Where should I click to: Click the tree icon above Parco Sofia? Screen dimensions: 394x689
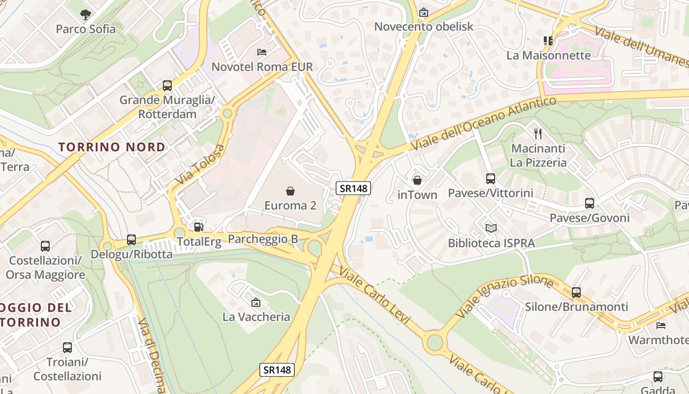point(86,14)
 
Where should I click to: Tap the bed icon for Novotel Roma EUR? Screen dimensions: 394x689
point(262,52)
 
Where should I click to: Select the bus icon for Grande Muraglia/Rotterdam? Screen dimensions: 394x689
point(167,86)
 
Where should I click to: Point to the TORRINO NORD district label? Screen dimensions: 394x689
point(112,147)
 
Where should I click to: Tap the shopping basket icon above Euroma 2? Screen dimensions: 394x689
point(290,191)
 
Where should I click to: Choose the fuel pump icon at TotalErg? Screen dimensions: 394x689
point(198,227)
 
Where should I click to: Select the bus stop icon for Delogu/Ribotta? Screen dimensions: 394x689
point(131,240)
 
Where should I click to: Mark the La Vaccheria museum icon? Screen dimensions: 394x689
point(256,302)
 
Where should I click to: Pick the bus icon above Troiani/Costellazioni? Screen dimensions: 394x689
point(67,348)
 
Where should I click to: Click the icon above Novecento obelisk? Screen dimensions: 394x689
point(423,12)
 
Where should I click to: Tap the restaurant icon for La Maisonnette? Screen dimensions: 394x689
point(548,40)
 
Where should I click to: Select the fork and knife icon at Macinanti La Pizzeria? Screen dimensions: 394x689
point(538,133)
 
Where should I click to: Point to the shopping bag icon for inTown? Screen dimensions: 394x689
point(417,180)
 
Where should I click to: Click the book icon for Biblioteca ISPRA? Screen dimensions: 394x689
point(491,228)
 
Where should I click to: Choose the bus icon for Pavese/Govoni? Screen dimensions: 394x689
point(589,203)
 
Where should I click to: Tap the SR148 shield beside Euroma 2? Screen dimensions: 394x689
point(353,188)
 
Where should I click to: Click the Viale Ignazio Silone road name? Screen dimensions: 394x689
point(504,296)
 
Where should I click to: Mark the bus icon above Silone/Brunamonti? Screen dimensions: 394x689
point(576,292)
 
